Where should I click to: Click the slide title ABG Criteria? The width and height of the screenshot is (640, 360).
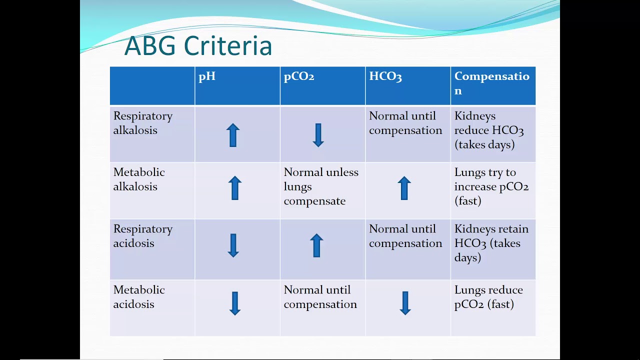(x=198, y=45)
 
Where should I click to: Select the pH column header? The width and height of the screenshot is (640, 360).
(x=207, y=77)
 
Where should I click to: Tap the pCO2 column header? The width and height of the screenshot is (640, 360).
(x=299, y=77)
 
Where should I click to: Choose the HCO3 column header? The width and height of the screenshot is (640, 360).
(x=385, y=76)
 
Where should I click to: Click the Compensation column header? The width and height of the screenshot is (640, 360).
(x=491, y=83)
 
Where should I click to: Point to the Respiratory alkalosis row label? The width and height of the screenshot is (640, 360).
(x=143, y=123)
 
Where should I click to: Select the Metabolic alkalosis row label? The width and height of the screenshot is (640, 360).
(x=139, y=179)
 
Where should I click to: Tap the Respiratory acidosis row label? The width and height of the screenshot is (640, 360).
(x=143, y=235)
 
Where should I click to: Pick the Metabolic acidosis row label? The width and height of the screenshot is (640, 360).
(x=139, y=297)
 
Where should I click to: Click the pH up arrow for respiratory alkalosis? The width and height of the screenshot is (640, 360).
(x=233, y=135)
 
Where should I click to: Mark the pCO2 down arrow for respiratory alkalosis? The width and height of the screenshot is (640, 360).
(x=318, y=135)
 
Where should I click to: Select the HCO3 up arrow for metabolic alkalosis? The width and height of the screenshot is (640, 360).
(x=404, y=188)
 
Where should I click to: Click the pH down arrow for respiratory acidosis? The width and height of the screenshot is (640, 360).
(x=233, y=245)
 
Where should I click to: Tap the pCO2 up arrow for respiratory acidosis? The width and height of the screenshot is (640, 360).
(x=316, y=245)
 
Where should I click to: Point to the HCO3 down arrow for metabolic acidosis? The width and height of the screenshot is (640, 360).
(x=405, y=303)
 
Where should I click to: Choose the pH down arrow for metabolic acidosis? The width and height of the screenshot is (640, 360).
(x=235, y=303)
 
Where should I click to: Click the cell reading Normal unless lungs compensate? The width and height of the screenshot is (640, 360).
(x=321, y=186)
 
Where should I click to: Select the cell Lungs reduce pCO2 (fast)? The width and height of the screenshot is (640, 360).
(x=488, y=297)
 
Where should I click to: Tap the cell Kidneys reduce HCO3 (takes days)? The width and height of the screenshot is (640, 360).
(x=489, y=130)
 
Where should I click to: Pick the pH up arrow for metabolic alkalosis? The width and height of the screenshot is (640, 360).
(x=235, y=188)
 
